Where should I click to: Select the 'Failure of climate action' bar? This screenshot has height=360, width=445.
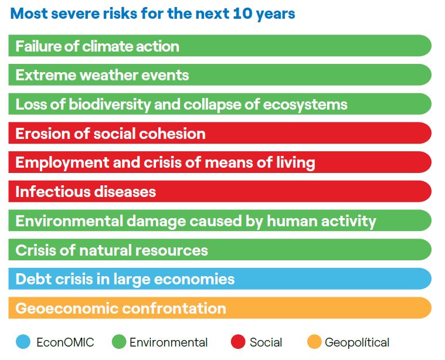pos(219,46)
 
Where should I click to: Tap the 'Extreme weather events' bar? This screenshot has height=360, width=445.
pos(219,75)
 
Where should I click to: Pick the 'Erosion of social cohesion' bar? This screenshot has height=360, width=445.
pos(219,134)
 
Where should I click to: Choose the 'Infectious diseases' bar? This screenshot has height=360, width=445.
pos(219,192)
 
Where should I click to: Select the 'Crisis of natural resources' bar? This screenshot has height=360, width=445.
pos(219,250)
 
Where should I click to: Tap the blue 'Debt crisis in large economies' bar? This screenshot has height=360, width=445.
pos(219,279)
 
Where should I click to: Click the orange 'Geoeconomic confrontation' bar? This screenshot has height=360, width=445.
pos(219,308)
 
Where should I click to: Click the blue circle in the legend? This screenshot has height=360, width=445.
pos(23,342)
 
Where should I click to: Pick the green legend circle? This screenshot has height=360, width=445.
pos(120,342)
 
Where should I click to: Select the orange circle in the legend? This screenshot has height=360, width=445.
pos(314,342)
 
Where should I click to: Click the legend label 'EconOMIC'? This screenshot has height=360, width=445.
pos(64,342)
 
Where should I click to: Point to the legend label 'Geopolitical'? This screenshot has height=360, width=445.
pos(356,342)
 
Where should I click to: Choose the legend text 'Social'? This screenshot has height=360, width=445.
pos(266,342)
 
